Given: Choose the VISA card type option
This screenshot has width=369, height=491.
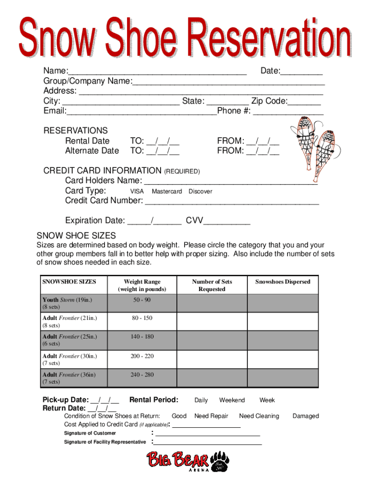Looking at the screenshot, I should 137,191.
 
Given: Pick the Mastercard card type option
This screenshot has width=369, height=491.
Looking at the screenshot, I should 167,191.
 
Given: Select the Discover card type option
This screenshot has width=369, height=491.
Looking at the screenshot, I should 200,191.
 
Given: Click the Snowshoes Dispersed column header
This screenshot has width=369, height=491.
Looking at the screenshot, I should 283,282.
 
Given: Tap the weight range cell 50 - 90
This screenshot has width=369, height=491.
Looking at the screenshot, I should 142,300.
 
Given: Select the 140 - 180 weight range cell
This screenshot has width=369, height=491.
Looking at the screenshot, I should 142,337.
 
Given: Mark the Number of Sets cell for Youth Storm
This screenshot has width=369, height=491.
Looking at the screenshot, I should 212,303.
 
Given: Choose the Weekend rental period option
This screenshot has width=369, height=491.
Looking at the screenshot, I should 232,400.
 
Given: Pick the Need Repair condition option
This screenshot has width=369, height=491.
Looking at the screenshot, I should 211,416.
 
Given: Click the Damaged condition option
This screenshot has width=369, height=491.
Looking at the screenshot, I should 305,416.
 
